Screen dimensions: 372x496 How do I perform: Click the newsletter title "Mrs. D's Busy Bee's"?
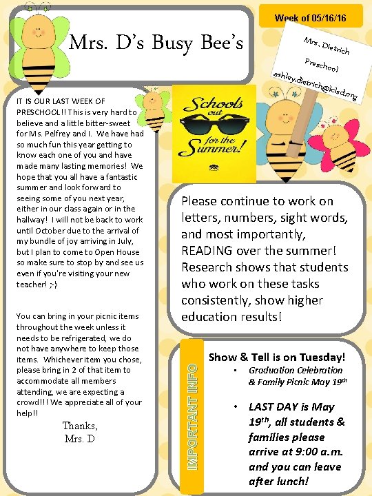(x=156, y=43)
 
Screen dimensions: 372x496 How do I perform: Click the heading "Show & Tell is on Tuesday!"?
(x=276, y=357)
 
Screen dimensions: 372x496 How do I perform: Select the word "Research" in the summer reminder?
(x=209, y=267)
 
